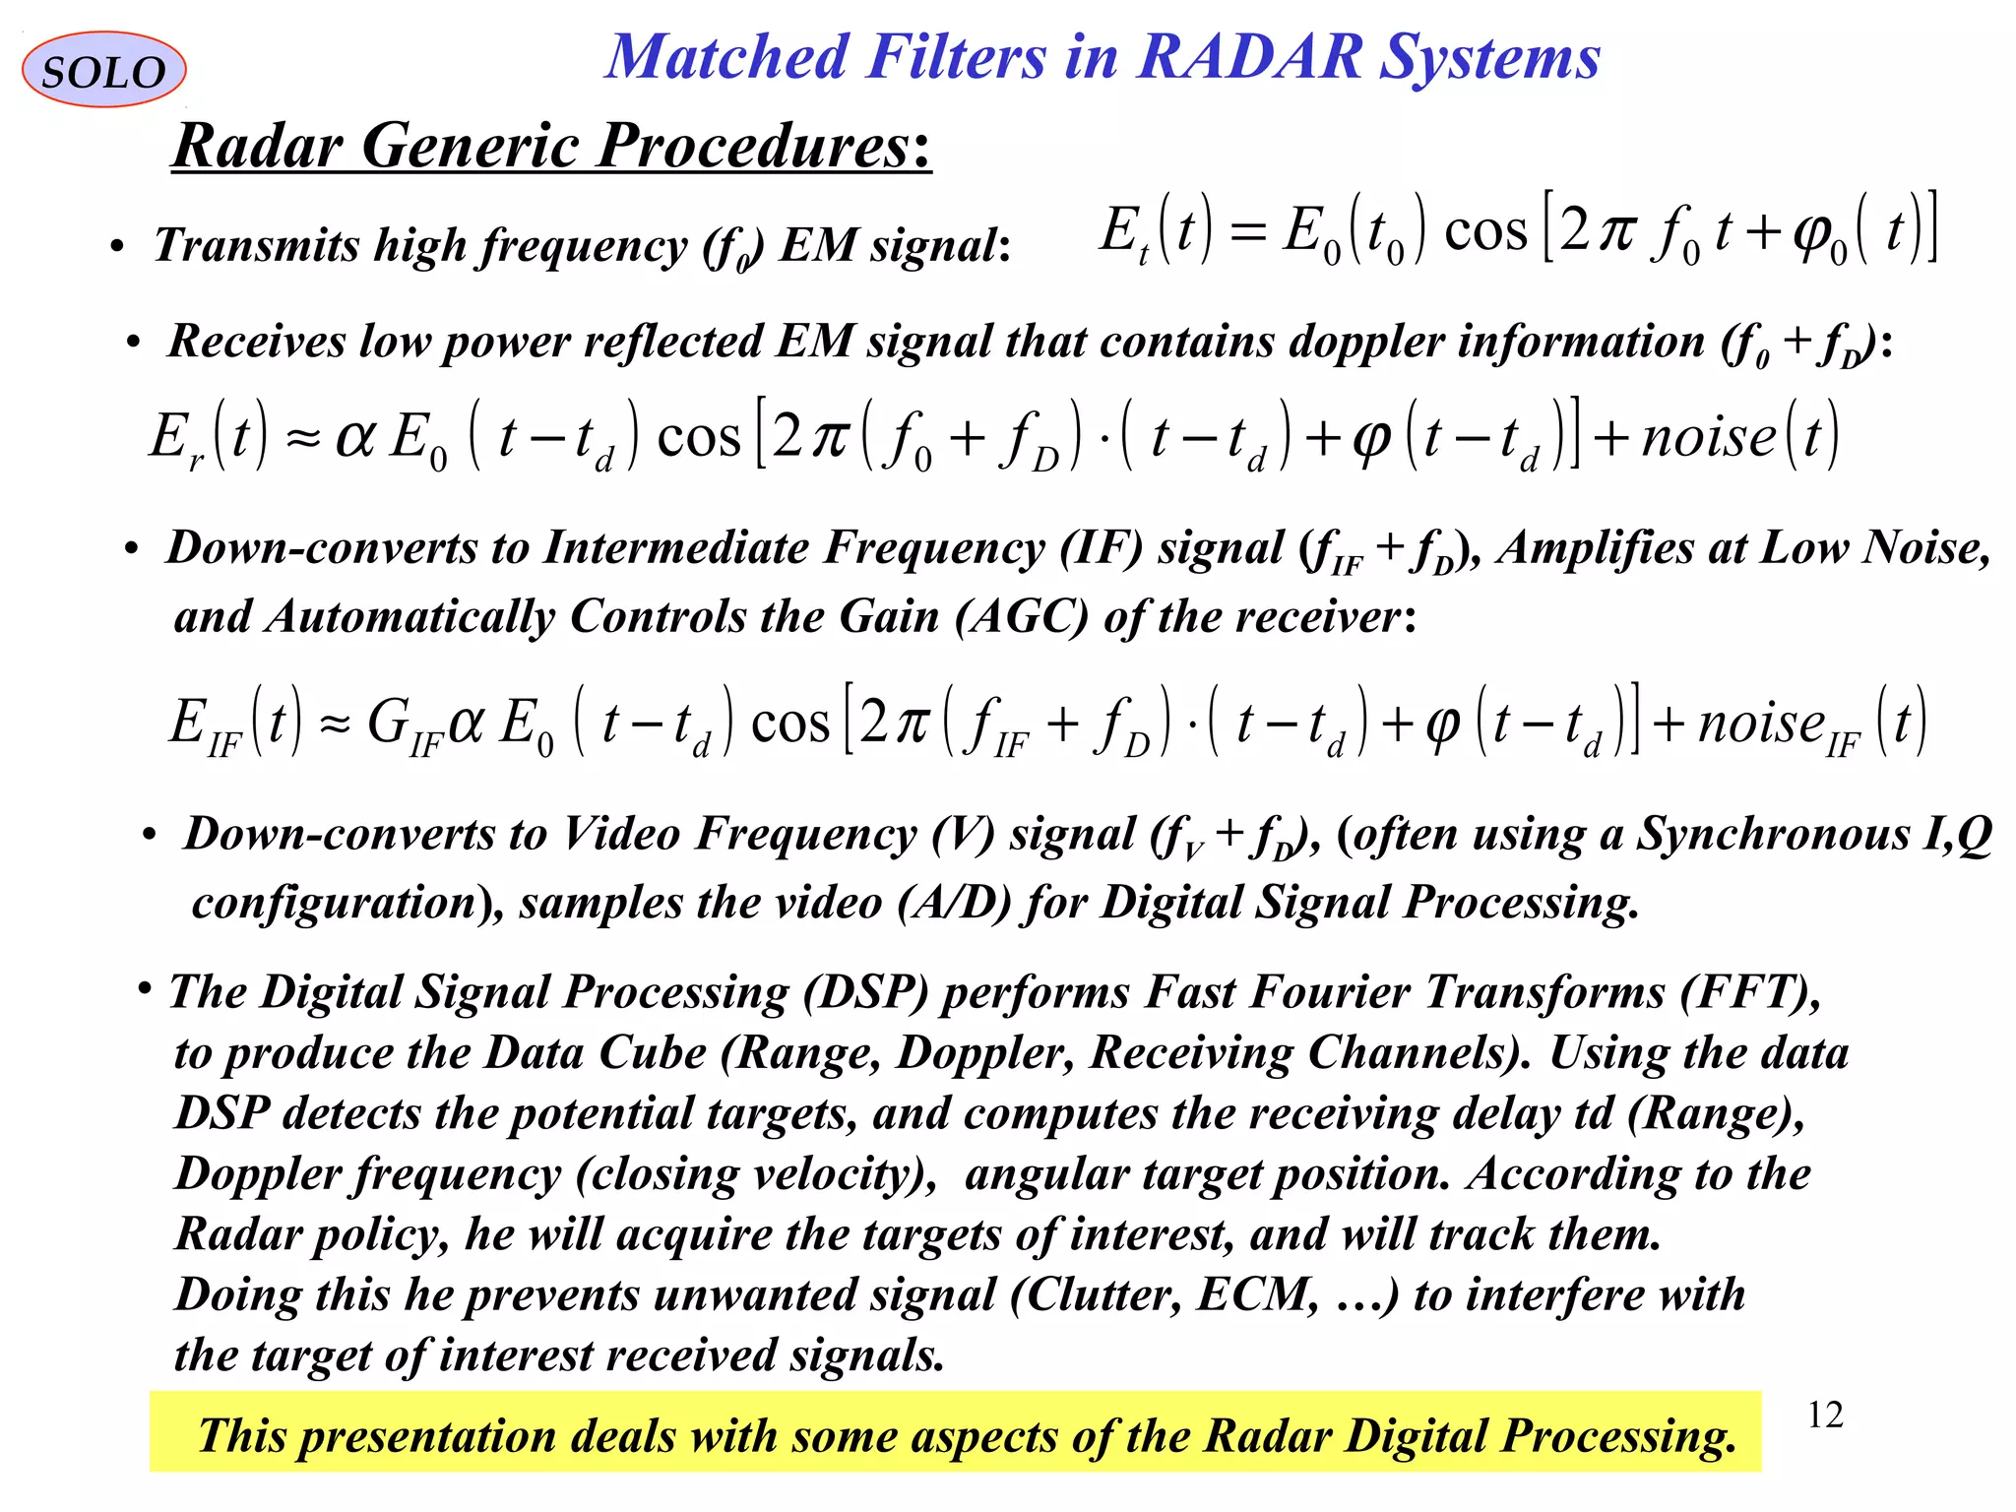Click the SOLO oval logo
(103, 70)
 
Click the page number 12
(1825, 1416)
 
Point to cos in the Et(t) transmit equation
(1485, 232)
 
